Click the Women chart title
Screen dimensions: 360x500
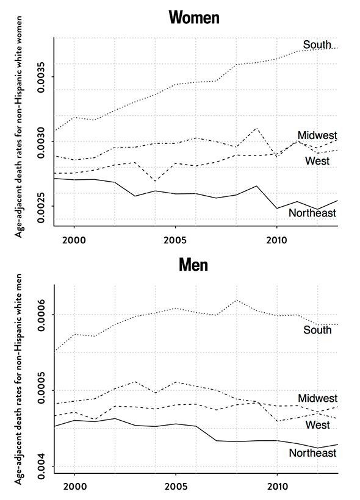[194, 17]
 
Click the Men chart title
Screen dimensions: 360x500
[193, 265]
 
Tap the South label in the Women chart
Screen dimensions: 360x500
[317, 45]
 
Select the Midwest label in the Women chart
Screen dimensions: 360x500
[317, 135]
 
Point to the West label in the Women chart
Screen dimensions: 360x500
[317, 161]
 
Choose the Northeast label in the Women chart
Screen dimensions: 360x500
[312, 213]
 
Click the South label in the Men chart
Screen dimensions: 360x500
[317, 330]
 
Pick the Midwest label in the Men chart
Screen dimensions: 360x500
[317, 398]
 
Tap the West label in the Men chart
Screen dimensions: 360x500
[317, 425]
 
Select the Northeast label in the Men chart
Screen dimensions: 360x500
[313, 453]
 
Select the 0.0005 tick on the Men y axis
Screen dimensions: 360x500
[41, 391]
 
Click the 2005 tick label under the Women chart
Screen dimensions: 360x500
[175, 240]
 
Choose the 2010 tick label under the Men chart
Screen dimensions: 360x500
[277, 487]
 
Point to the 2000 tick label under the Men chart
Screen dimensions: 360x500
[74, 487]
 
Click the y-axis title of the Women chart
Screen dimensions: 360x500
[19, 127]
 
